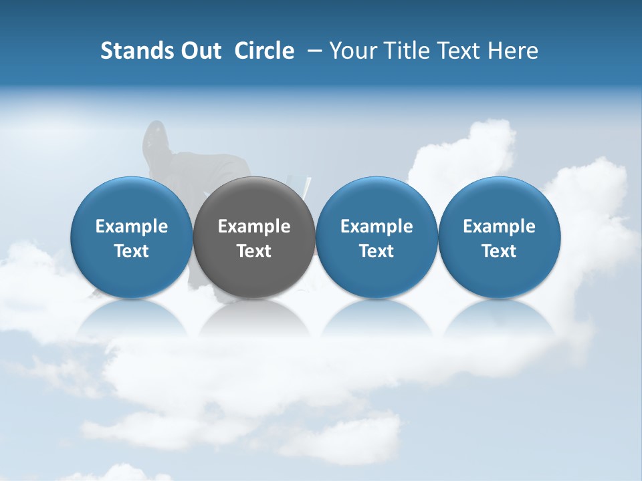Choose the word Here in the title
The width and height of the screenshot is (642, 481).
click(514, 51)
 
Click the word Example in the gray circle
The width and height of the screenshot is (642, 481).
click(254, 227)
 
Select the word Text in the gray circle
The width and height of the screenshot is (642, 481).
click(254, 251)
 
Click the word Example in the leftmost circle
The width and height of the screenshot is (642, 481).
click(132, 227)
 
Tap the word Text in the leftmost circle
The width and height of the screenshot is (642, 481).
click(132, 251)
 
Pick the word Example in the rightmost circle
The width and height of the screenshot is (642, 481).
click(499, 227)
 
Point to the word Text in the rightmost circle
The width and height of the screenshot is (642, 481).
click(499, 251)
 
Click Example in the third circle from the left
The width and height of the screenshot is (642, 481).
click(377, 227)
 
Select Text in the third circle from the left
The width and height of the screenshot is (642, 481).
click(377, 251)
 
